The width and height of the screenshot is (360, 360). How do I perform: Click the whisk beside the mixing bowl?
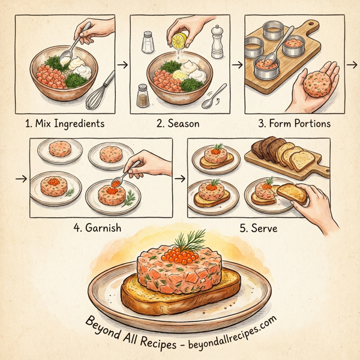coord(98,90)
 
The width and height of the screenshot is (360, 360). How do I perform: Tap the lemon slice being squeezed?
coord(178,41)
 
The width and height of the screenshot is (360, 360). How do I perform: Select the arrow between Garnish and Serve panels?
coord(179,178)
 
